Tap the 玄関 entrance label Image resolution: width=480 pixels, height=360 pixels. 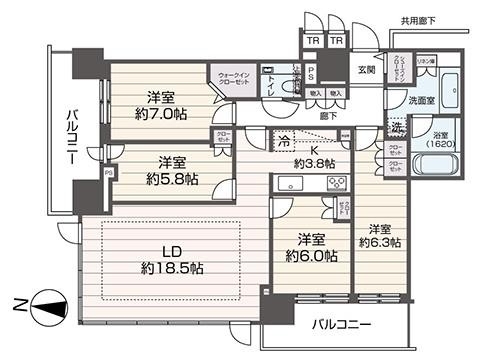click(x=367, y=70)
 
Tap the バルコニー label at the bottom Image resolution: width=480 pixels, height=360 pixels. click(x=340, y=325)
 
